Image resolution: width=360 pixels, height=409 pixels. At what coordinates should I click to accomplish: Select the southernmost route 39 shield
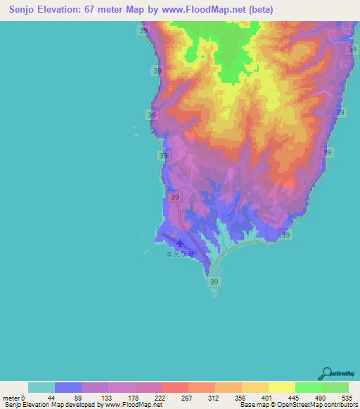(x=215, y=281)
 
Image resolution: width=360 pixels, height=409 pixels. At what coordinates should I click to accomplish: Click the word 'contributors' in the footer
(x=339, y=405)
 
